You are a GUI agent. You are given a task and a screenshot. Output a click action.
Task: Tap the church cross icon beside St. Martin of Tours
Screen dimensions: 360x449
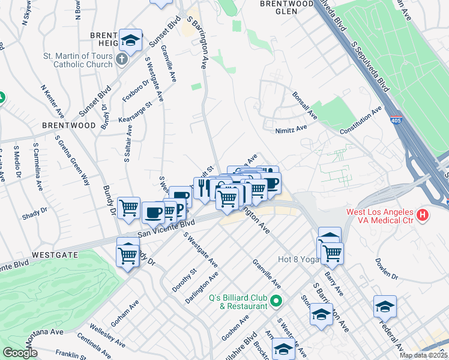pos(122,59)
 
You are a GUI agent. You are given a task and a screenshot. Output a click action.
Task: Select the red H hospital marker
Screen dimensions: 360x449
pos(423,214)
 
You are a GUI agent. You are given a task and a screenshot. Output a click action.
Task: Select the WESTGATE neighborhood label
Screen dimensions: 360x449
pos(55,254)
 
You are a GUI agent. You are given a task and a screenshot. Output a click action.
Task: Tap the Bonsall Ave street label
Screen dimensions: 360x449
pos(304,105)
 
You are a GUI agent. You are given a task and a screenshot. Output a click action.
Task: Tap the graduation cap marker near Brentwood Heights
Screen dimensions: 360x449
pos(130,40)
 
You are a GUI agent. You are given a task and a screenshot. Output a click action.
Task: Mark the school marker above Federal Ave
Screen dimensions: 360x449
pos(385,307)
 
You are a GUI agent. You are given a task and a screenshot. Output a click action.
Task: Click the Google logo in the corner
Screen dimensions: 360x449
pos(20,353)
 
